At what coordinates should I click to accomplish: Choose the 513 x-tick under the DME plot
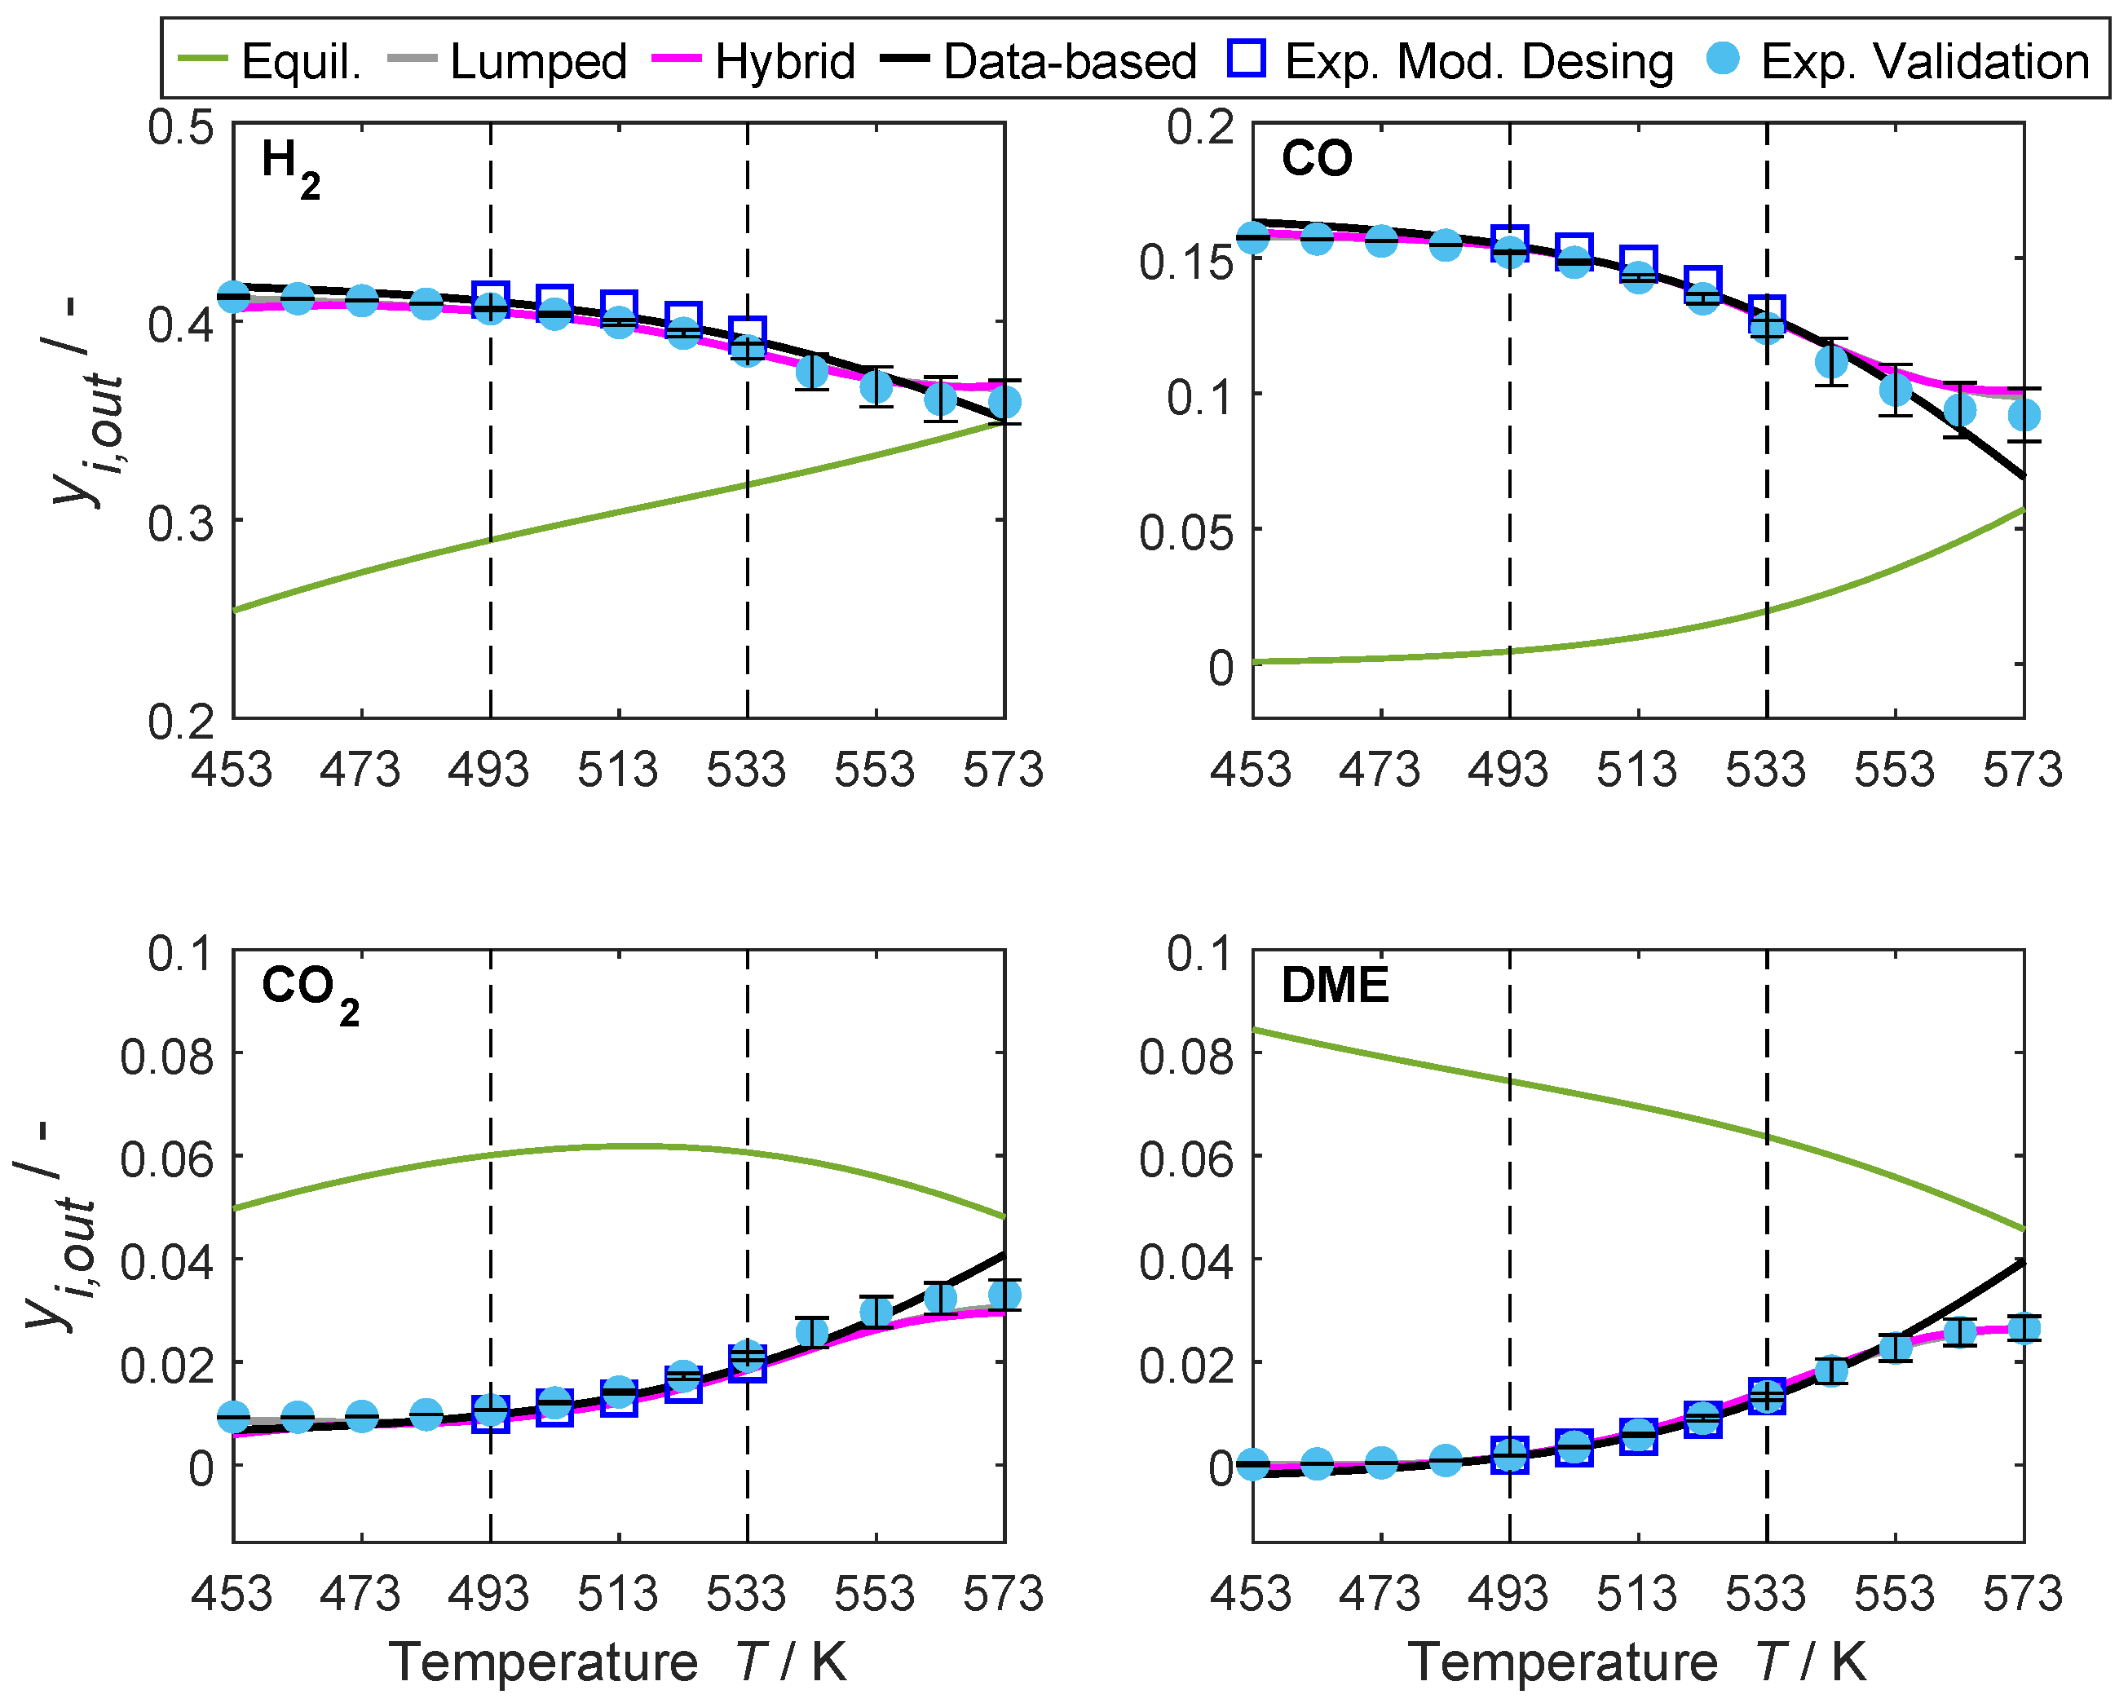point(1636,1595)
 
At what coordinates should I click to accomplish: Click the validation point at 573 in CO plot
point(2024,416)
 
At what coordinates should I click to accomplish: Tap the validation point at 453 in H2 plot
point(233,296)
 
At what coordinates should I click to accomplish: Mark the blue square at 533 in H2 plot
point(747,333)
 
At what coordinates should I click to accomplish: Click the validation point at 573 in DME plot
point(2024,1328)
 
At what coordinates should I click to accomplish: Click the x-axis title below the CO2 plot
point(618,1662)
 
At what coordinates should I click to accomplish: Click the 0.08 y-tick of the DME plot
point(1185,1055)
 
